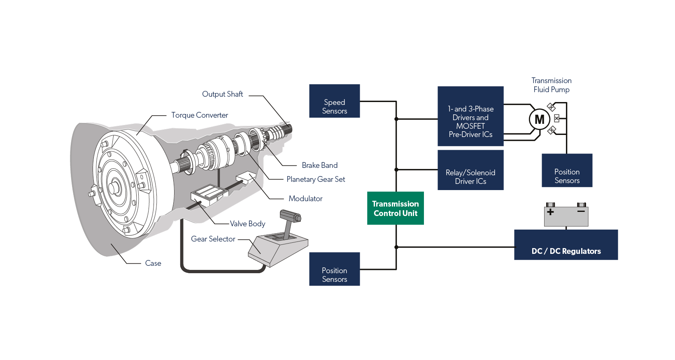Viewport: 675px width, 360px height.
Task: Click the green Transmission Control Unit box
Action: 395,208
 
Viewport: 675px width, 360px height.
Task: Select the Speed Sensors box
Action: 334,101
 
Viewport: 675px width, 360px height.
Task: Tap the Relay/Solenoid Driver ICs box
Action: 470,170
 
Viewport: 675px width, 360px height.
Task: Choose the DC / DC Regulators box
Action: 566,245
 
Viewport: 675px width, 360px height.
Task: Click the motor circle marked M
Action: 539,119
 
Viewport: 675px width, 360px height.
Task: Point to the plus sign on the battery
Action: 550,212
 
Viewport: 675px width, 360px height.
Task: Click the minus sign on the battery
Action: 581,211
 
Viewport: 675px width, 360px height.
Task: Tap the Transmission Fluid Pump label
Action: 552,85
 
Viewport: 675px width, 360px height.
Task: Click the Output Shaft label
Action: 222,94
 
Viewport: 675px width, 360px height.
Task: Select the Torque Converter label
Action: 200,115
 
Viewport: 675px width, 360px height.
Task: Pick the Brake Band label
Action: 320,165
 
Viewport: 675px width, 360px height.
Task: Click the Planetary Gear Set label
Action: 316,179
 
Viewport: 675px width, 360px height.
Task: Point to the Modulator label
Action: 305,199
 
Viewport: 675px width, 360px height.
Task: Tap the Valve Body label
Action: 247,224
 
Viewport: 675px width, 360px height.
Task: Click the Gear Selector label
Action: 213,239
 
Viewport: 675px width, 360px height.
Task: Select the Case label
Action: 153,263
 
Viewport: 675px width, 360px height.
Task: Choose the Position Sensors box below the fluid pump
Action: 567,170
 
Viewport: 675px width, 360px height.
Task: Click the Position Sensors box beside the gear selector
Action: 334,269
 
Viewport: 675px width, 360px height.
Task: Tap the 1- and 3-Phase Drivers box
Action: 470,116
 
